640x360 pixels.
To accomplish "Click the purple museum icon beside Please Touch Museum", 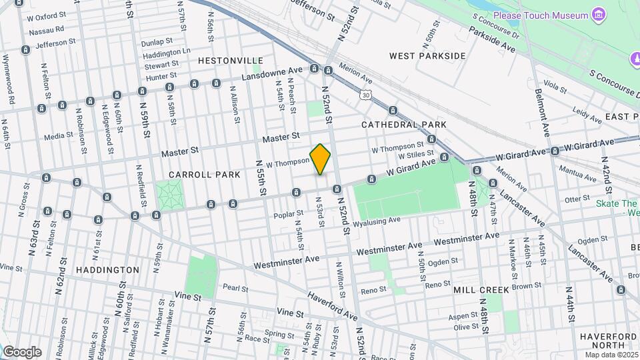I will [599, 15].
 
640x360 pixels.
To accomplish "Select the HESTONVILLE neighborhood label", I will [226, 60].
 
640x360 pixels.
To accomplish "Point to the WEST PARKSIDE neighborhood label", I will [427, 56].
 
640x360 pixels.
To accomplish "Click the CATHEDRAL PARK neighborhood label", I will [403, 125].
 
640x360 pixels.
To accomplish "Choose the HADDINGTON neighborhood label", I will [107, 270].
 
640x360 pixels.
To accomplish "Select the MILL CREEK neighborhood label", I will [481, 290].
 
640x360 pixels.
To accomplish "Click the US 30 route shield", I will [366, 95].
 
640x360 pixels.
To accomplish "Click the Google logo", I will [22, 351].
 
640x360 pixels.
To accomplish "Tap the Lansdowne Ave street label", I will [272, 73].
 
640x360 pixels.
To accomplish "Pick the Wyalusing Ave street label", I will [377, 221].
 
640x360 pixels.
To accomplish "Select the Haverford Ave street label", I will [331, 305].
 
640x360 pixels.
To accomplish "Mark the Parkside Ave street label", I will [492, 39].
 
